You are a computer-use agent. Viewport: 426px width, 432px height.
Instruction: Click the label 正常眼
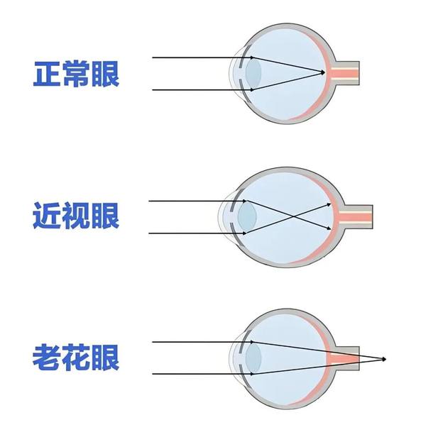tap(76, 74)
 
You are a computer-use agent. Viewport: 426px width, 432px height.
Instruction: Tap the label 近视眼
tap(76, 216)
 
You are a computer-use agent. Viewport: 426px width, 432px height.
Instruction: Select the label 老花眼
tap(76, 358)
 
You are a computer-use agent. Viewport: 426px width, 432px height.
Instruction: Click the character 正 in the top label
tap(47, 74)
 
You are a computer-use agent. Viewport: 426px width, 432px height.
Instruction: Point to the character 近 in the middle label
tap(46, 216)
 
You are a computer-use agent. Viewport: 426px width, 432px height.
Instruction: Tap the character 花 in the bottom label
tap(76, 358)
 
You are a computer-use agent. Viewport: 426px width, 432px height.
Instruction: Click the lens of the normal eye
tap(253, 74)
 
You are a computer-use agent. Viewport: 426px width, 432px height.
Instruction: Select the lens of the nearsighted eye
tap(247, 216)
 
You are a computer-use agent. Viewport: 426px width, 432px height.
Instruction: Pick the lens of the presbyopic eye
tap(253, 358)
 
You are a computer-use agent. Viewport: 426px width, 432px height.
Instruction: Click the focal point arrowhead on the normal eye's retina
tap(323, 72)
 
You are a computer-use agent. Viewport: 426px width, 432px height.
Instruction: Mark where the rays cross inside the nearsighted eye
tap(289, 217)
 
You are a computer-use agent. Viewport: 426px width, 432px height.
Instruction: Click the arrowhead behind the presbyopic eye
tap(384, 359)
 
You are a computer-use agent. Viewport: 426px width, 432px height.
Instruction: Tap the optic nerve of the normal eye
tap(345, 73)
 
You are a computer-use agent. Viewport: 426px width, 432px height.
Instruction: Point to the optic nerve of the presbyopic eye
tap(344, 358)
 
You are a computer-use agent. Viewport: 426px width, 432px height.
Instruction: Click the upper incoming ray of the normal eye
tap(203, 57)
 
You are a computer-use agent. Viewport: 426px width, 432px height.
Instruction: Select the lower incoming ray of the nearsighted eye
tap(197, 233)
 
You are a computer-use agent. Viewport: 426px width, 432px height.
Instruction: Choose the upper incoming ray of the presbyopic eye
tap(203, 342)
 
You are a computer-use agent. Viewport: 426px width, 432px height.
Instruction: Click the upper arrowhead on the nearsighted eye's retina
tap(329, 205)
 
